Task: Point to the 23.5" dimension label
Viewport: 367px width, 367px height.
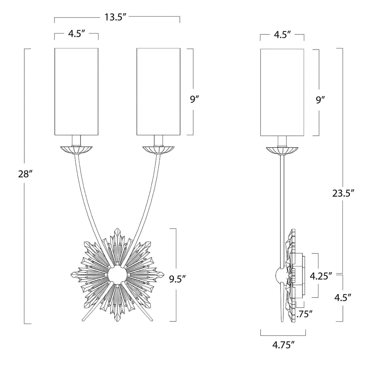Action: [343, 193]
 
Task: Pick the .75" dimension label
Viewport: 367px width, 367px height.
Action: [305, 314]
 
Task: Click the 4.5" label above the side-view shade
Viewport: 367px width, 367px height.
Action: [282, 34]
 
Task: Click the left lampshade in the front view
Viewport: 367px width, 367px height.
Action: [76, 92]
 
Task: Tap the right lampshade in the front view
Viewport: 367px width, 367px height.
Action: [158, 92]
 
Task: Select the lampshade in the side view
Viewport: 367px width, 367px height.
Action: [282, 92]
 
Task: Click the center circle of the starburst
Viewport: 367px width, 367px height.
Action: [117, 275]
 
